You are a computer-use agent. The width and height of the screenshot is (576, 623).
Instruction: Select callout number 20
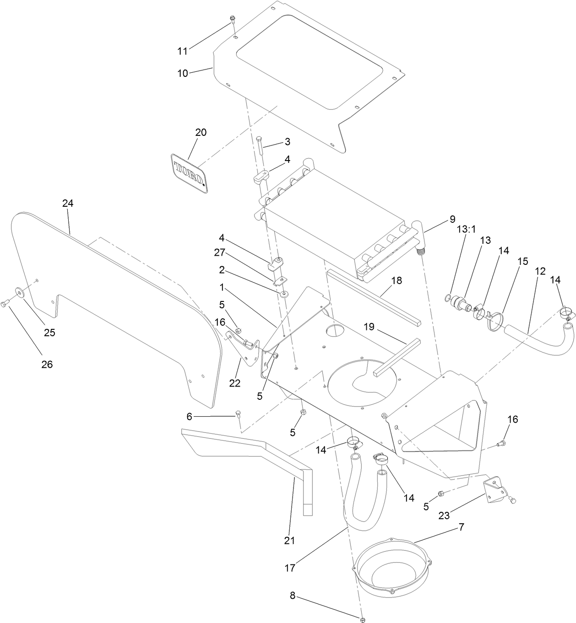(x=201, y=133)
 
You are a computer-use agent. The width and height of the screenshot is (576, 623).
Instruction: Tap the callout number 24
(x=68, y=204)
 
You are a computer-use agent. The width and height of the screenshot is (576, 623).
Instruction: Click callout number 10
(x=183, y=73)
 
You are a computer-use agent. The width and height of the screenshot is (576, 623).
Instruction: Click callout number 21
(x=289, y=540)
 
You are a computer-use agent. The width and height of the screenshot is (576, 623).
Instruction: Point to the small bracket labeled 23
(x=494, y=486)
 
